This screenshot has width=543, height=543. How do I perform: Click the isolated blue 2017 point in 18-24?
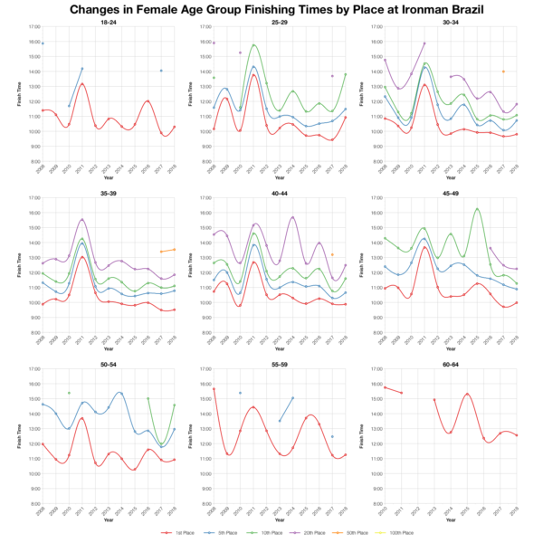point(160,71)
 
